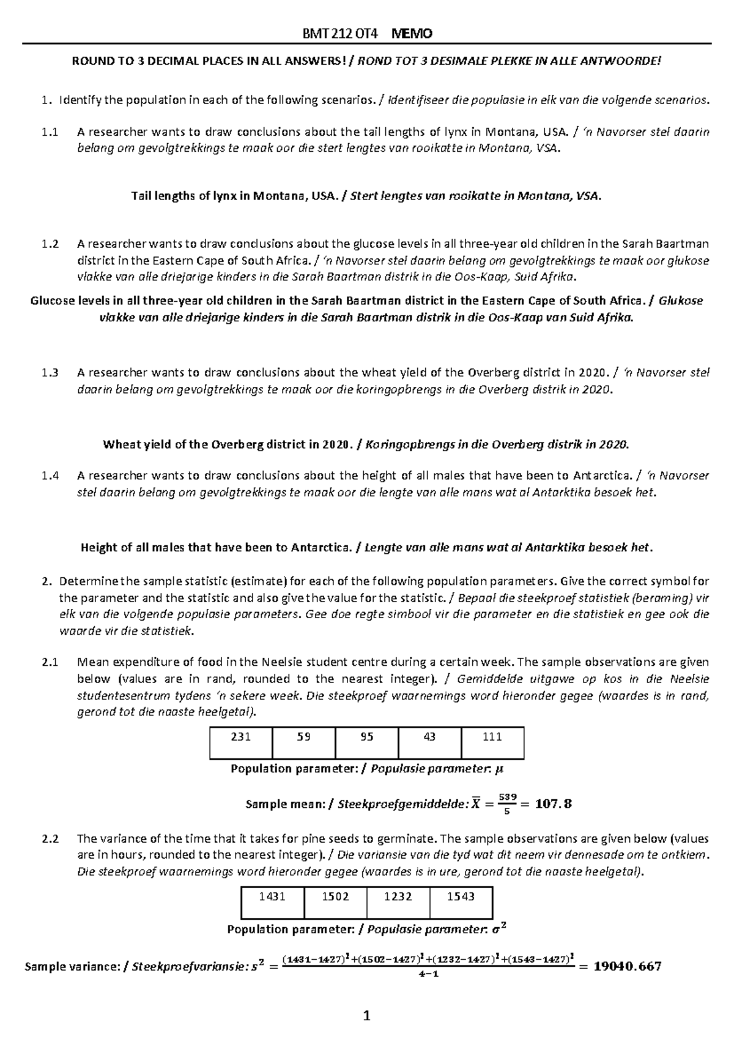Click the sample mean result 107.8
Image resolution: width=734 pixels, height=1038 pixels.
(553, 804)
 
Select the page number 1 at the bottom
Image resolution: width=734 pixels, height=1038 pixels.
(367, 1017)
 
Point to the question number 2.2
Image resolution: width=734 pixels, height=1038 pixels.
(50, 839)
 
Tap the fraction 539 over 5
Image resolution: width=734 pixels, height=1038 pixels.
(507, 804)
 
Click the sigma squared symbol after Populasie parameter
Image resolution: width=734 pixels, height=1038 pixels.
(499, 929)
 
